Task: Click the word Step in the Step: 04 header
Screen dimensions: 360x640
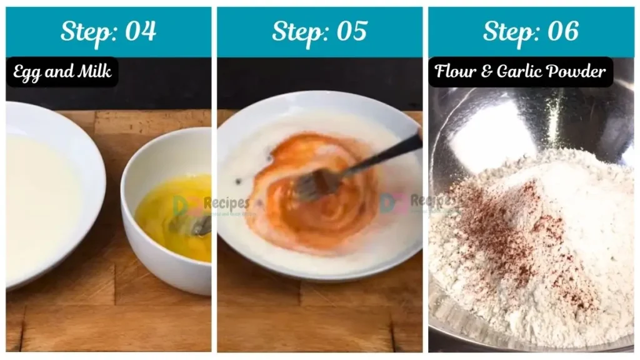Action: [x=84, y=31]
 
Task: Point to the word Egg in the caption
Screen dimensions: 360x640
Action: [x=28, y=72]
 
